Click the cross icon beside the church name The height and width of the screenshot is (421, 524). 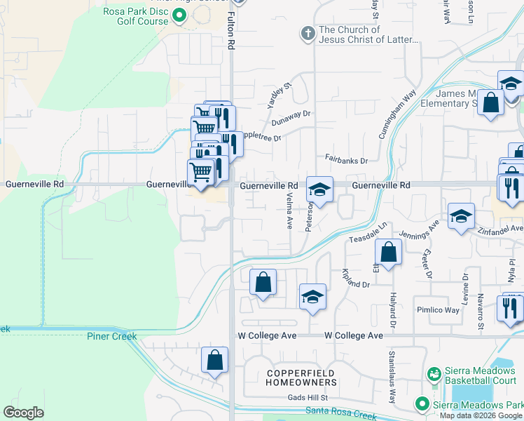tap(307, 33)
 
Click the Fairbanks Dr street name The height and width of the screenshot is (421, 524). tap(346, 161)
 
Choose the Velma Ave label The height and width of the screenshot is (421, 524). tap(289, 213)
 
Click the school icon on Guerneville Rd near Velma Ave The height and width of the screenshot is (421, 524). tap(319, 189)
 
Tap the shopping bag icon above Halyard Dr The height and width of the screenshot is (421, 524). tap(388, 252)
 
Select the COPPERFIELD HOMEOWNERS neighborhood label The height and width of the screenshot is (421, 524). tap(301, 377)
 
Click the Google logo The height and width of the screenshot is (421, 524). tap(24, 413)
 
